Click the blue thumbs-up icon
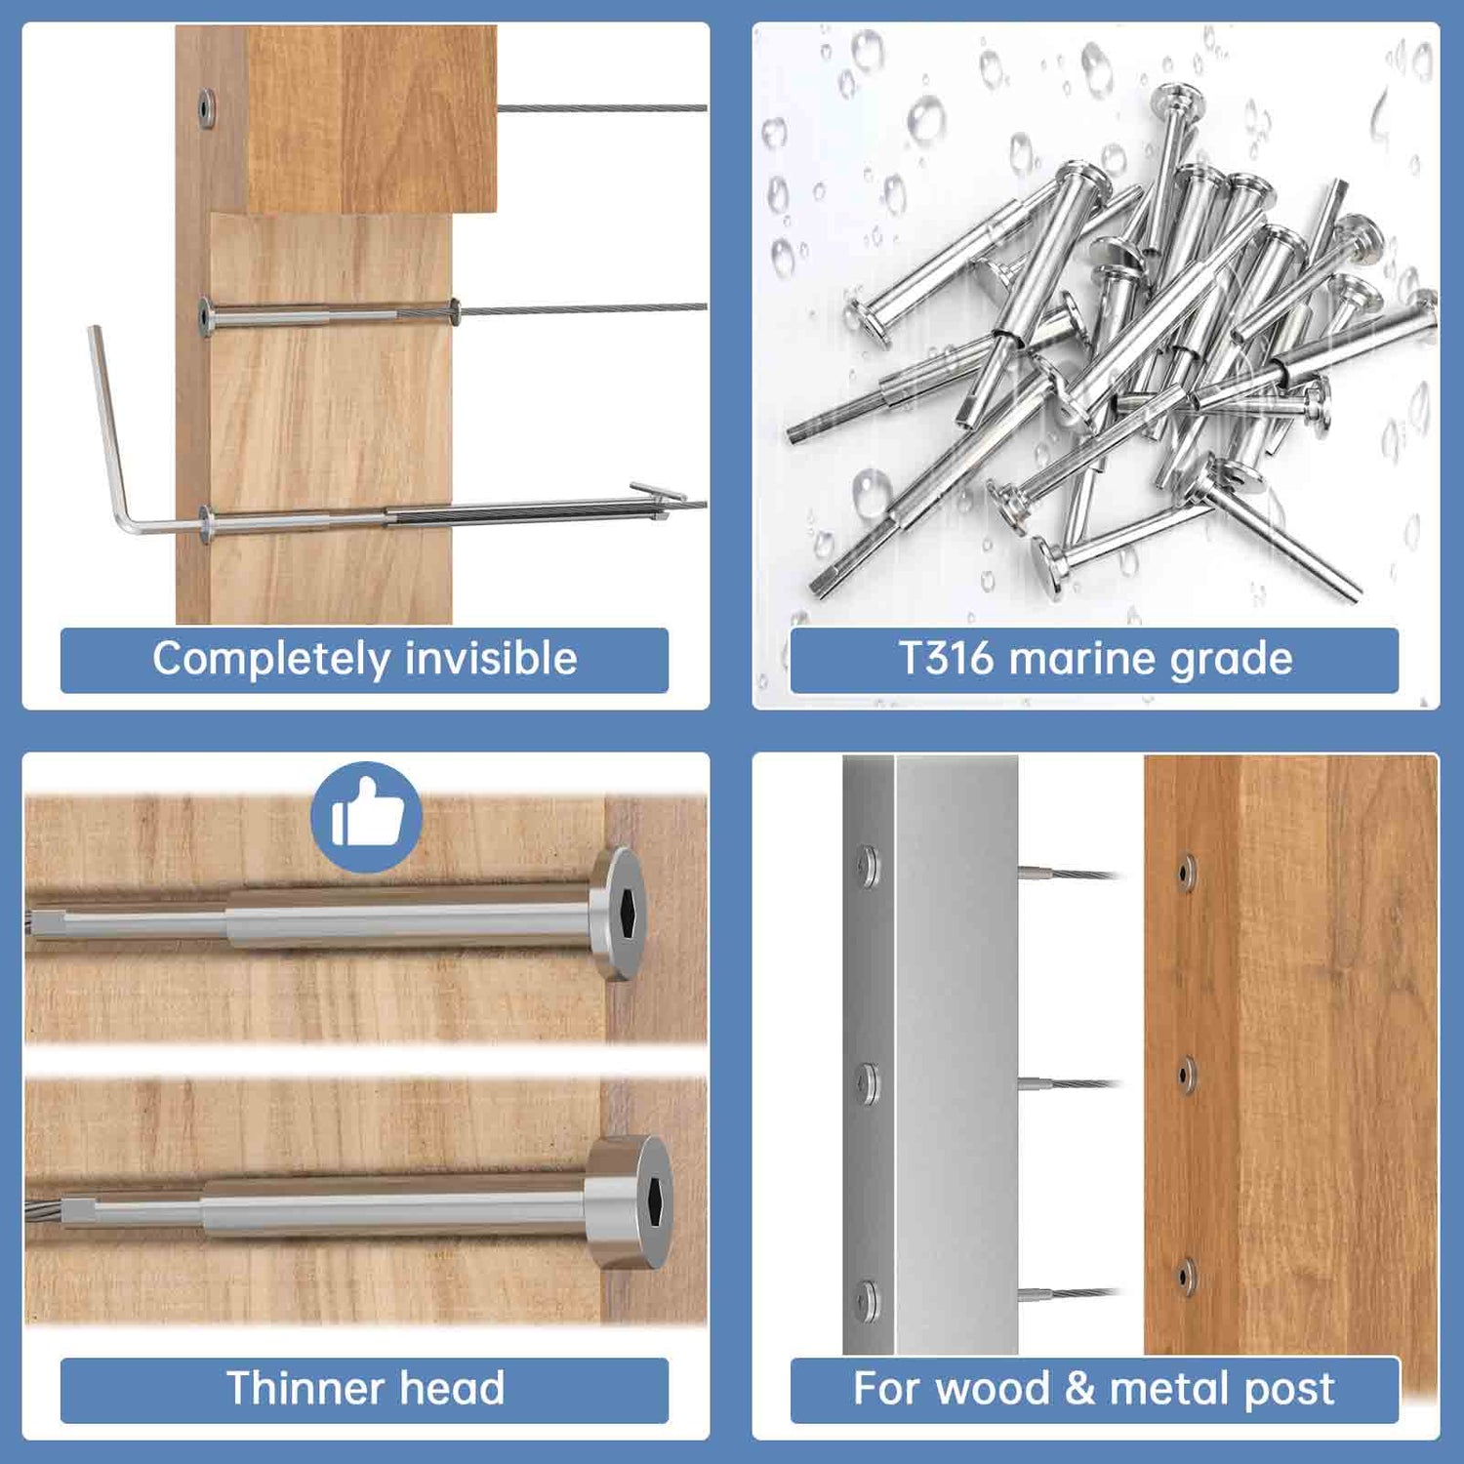click(x=366, y=816)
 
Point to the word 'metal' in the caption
click(x=1169, y=1388)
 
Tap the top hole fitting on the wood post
click(x=1186, y=872)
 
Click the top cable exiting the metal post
click(x=1069, y=874)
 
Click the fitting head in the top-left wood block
click(x=207, y=107)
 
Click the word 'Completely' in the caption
click(x=270, y=659)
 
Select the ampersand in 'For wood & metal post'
click(x=1079, y=1388)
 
